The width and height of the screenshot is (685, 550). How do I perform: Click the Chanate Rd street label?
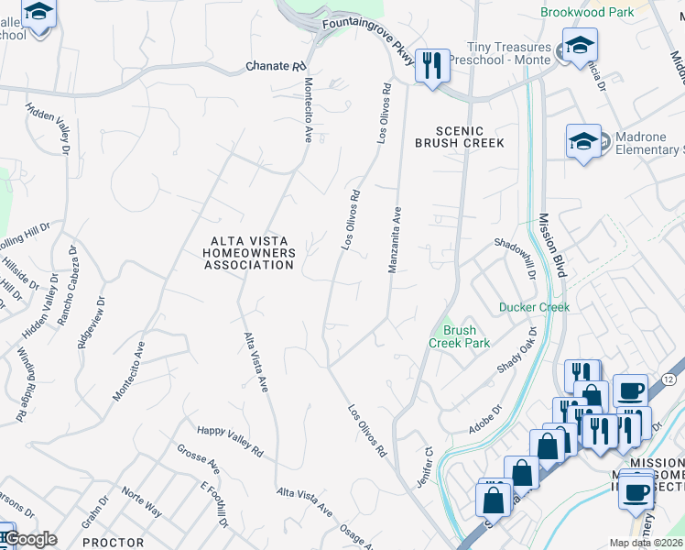pos(276,67)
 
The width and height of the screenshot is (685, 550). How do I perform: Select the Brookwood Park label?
pos(587,13)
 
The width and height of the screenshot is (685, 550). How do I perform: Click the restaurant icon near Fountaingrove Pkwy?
pos(432,65)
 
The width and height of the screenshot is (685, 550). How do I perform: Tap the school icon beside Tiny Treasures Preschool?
pos(579,45)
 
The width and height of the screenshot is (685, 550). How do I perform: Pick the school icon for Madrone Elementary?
pos(583,141)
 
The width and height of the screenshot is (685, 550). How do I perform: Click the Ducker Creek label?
pos(534,307)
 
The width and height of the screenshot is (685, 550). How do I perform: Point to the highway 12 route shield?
pos(669,379)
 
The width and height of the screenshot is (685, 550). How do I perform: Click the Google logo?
pos(31,539)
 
